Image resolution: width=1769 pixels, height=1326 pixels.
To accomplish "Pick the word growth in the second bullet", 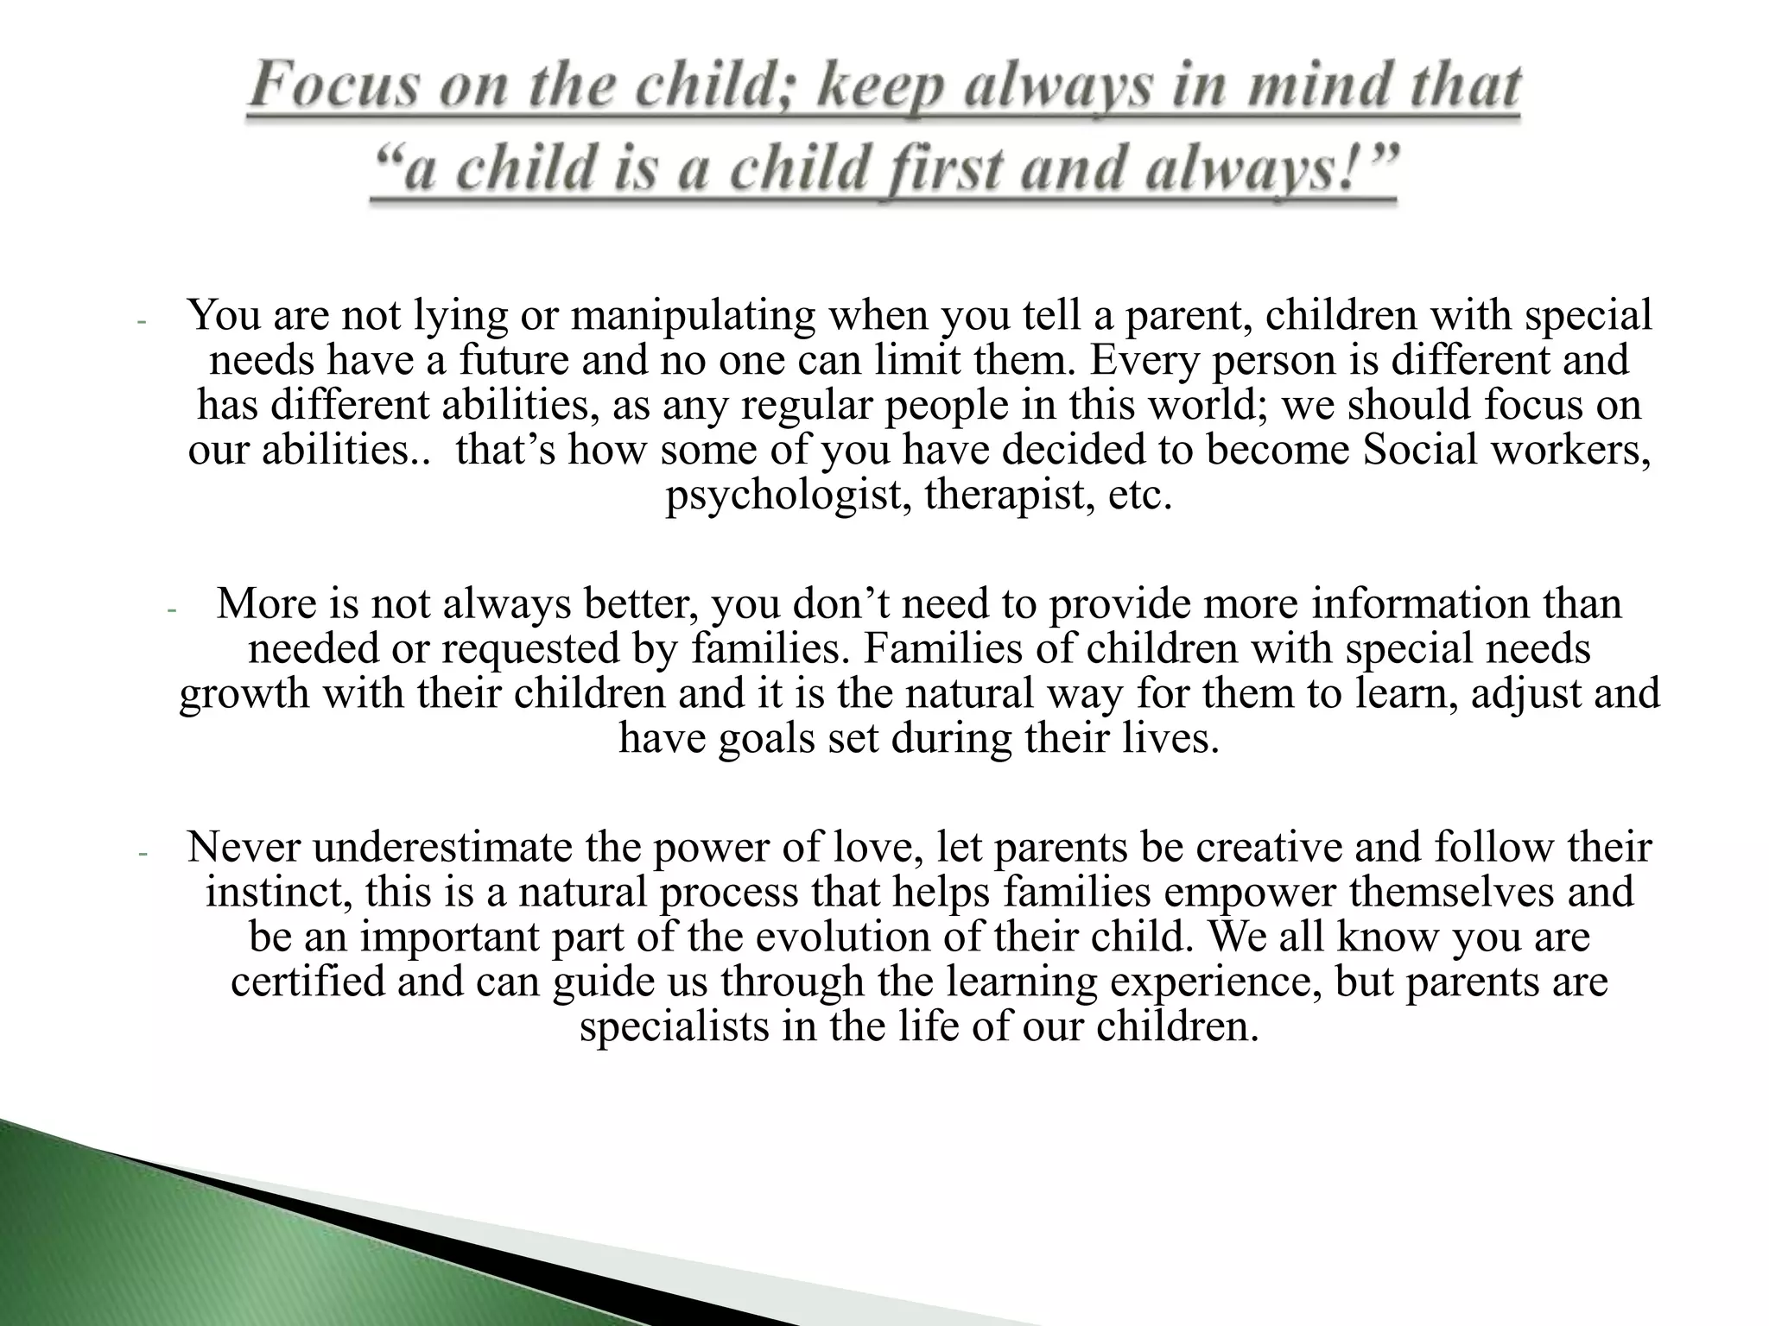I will point(244,693).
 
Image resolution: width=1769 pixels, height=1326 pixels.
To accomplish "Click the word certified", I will point(308,982).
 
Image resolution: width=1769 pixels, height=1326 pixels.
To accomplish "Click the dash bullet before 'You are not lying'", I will point(143,322).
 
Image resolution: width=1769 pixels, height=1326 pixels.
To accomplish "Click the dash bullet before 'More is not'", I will point(171,610).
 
